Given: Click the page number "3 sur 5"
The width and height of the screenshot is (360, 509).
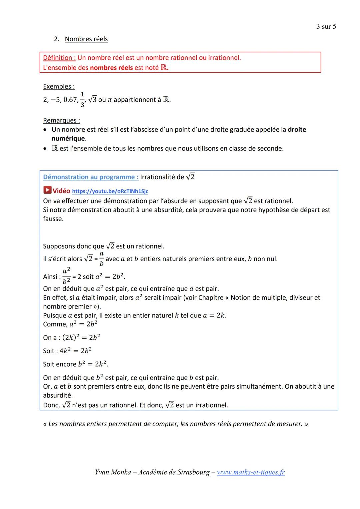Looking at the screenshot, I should tap(326, 27).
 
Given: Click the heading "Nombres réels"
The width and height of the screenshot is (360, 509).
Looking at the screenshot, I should tap(86, 39).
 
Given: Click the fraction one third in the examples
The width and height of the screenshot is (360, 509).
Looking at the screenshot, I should tap(82, 99).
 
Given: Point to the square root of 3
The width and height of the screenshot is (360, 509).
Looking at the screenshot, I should tap(92, 99).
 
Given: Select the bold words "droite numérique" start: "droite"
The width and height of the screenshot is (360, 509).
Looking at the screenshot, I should tap(297, 129).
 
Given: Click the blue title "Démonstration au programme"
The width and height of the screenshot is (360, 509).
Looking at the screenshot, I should tap(91, 177).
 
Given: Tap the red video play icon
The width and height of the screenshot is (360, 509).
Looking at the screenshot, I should tap(48, 190).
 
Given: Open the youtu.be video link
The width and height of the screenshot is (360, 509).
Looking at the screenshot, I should tap(110, 191).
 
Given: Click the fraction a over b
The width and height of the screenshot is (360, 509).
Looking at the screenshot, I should tap(102, 259).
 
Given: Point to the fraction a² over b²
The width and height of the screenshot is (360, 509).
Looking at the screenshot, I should tap(66, 276).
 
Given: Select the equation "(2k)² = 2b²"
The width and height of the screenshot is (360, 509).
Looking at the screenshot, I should tap(81, 338).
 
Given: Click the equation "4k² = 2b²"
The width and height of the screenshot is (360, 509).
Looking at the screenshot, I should tap(76, 351).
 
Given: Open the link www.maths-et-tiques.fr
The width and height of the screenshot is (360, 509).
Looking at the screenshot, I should tap(251, 472).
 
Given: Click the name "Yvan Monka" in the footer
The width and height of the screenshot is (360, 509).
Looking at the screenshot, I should tap(113, 472).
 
